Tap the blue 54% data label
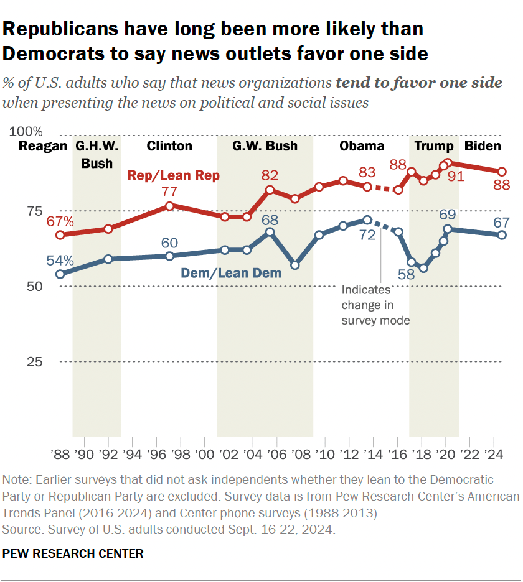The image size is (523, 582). pos(60,260)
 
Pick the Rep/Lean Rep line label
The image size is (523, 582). pos(173,176)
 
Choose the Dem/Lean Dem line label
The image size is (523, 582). pos(231,272)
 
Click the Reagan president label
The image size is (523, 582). pos(42,147)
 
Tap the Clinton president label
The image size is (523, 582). pos(169,147)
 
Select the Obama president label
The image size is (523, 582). pos(362,147)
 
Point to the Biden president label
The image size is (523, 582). pos(483,147)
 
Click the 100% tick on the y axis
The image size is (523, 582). pos(26,132)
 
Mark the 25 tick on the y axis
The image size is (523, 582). pos(34,362)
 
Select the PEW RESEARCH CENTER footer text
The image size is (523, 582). pos(73,553)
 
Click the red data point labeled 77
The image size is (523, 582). pos(169,206)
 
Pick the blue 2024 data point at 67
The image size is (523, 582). pos(502,235)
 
